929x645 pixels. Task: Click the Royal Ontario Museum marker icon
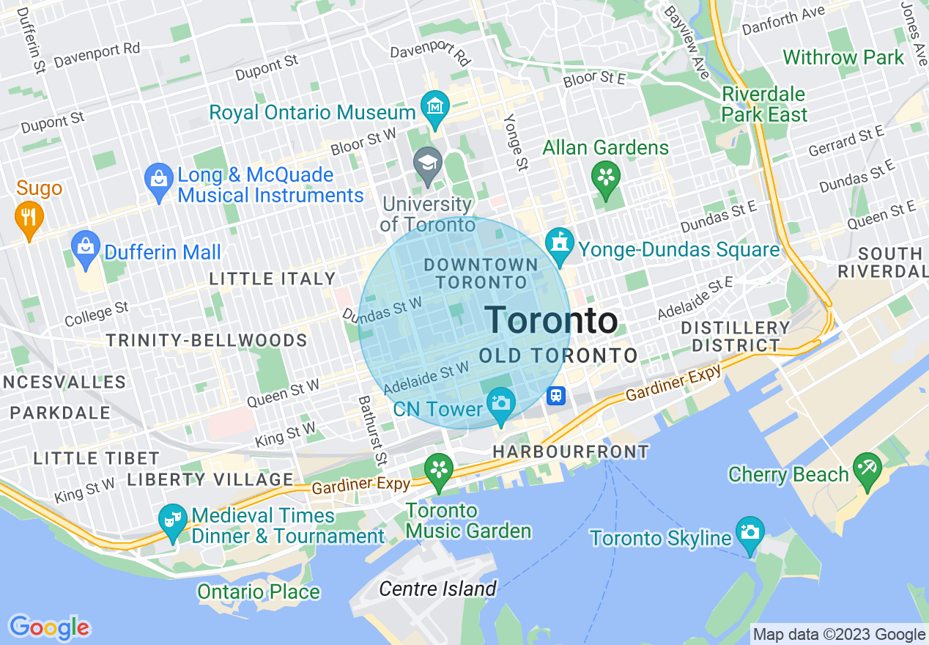[435, 108]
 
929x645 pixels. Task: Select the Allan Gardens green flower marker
[606, 177]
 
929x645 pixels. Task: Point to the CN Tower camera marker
[501, 404]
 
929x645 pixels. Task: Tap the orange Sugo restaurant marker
[29, 218]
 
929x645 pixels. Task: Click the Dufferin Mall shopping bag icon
[86, 247]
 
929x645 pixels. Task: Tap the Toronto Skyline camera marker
[750, 532]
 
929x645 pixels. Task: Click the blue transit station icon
[556, 396]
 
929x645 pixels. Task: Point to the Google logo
[49, 627]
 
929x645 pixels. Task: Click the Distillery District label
[736, 336]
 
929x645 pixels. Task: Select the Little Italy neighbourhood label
[273, 279]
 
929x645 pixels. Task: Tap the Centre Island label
[438, 589]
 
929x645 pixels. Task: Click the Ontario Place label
[259, 591]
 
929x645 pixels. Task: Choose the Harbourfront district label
[571, 452]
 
